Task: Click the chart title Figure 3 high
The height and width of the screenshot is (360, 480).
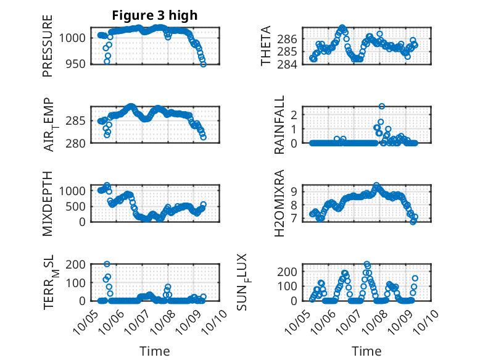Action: coord(154,15)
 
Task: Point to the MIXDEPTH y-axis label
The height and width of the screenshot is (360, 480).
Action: coord(48,203)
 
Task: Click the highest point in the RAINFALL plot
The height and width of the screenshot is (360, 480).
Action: coord(382,106)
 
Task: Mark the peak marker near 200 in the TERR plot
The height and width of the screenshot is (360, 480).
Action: coord(107,264)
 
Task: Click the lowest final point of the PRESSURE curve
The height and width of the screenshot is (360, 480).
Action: coord(204,64)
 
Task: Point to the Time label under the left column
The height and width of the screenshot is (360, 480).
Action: coord(154,351)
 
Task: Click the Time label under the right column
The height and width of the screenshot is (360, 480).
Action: coord(366,351)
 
